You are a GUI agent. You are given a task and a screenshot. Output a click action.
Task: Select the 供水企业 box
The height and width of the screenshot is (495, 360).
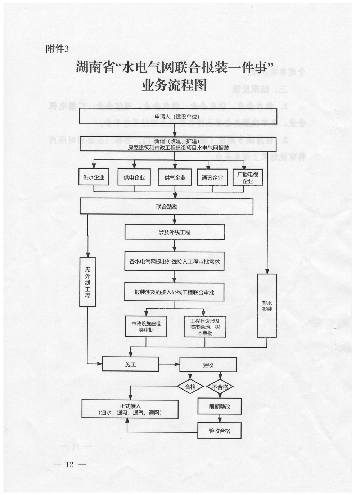point(94,177)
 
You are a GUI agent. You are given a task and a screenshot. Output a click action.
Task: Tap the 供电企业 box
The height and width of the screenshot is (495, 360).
point(134,177)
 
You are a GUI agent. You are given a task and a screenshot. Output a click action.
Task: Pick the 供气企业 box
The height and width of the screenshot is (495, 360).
point(175,177)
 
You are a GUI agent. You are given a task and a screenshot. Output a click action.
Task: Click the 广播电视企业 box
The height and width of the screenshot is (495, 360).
point(248,177)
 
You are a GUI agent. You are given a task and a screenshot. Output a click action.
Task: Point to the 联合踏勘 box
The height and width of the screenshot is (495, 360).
point(167,207)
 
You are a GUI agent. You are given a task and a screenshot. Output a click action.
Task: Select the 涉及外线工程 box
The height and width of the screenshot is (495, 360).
point(175,232)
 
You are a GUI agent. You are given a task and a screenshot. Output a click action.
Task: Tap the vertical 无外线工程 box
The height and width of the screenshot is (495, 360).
point(87,282)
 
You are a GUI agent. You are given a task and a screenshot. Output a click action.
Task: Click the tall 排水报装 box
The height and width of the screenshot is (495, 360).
point(267,306)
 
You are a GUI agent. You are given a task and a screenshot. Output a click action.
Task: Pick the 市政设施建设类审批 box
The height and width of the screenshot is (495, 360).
point(146,327)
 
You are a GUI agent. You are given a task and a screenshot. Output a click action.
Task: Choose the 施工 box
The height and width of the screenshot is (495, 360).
point(130,364)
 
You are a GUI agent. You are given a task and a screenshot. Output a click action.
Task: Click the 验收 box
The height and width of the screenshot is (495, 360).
point(208,365)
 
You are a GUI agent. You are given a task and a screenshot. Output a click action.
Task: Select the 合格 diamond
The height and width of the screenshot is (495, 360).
point(190,387)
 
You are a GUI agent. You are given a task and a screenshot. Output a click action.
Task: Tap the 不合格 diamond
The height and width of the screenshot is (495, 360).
point(220,387)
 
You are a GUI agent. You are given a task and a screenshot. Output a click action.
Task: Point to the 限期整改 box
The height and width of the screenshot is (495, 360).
point(220,406)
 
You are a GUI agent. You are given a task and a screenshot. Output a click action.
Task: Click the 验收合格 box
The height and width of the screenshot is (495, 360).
point(219,431)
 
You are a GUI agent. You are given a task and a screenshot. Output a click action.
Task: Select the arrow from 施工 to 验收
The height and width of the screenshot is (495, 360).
point(169,364)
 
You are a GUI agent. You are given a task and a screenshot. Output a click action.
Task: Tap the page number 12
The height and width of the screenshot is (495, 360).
point(69,464)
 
